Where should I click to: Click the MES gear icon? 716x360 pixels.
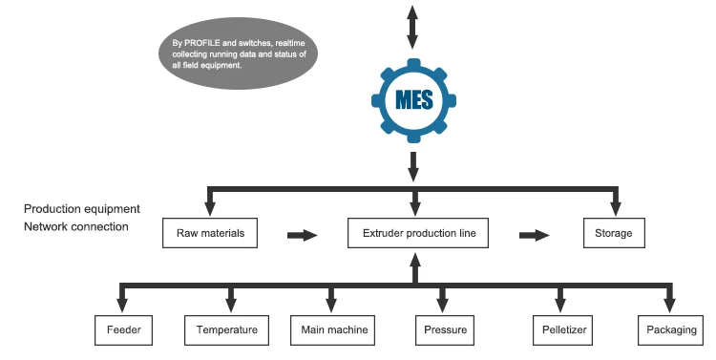pyautogui.click(x=412, y=98)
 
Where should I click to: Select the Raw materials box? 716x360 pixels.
pyautogui.click(x=210, y=233)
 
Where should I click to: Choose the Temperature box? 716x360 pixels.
pyautogui.click(x=227, y=330)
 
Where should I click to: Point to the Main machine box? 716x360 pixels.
pyautogui.click(x=330, y=330)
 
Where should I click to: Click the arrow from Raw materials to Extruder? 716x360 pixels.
pyautogui.click(x=302, y=234)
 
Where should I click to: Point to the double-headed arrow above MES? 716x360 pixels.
pyautogui.click(x=412, y=27)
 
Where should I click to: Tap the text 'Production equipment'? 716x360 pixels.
pyautogui.click(x=82, y=209)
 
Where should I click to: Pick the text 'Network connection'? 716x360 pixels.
pyautogui.click(x=76, y=226)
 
